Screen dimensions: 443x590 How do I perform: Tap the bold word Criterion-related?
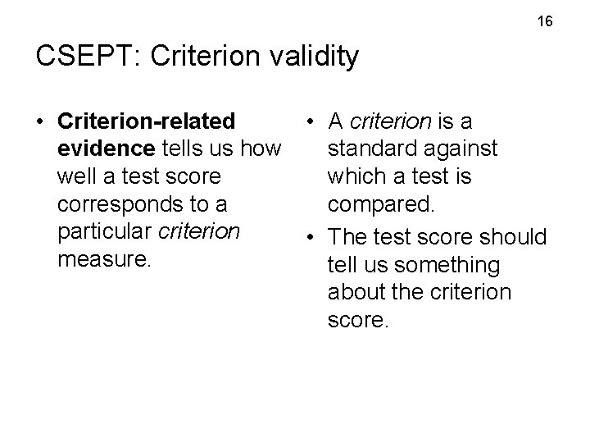[x=147, y=121]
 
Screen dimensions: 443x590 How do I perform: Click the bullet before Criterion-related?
[x=39, y=122]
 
